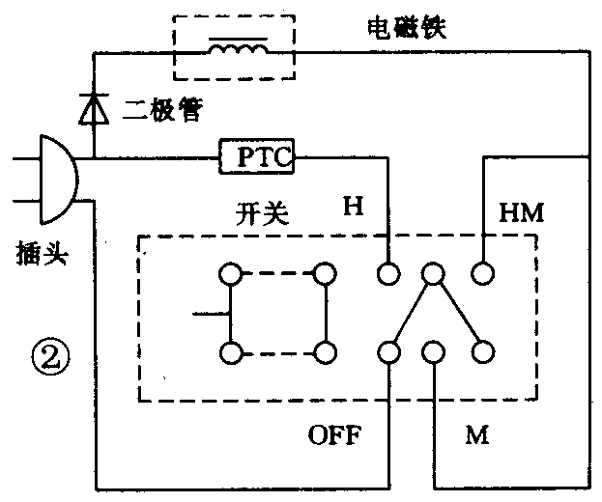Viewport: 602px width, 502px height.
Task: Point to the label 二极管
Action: pos(163,110)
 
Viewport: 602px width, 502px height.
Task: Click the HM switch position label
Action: pos(522,211)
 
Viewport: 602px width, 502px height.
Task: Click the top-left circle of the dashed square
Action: pos(230,274)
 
